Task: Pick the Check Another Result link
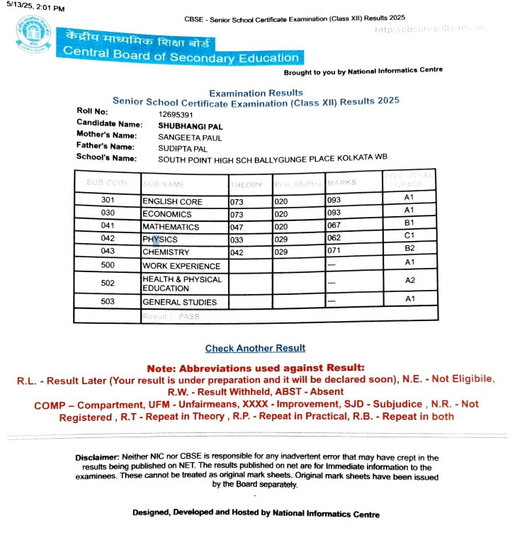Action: (255, 348)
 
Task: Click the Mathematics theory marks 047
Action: (237, 228)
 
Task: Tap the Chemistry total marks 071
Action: (334, 252)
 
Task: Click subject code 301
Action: (108, 201)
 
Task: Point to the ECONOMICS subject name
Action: (167, 214)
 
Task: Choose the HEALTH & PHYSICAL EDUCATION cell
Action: (181, 284)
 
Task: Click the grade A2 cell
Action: (408, 281)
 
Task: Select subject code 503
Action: (108, 302)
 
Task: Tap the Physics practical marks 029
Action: (281, 240)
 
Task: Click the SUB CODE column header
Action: (108, 183)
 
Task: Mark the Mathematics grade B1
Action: (408, 223)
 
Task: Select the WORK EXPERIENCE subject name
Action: (181, 266)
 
